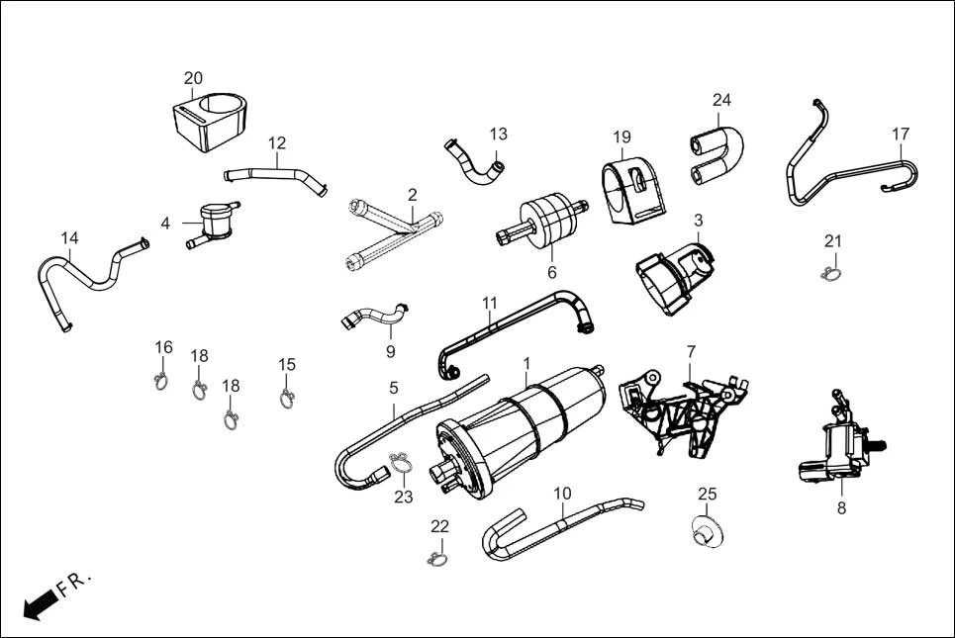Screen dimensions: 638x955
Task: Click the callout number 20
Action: (x=193, y=78)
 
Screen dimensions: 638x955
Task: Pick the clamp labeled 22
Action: (x=437, y=560)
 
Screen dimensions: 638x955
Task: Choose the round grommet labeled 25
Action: (x=706, y=531)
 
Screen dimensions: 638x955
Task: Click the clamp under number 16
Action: (x=161, y=380)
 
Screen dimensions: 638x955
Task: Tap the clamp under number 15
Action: (x=287, y=399)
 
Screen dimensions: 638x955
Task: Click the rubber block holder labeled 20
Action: (x=209, y=123)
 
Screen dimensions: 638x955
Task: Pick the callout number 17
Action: (x=901, y=134)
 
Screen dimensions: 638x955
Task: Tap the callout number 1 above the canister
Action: (x=526, y=363)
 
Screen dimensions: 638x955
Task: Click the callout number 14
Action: (x=69, y=237)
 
